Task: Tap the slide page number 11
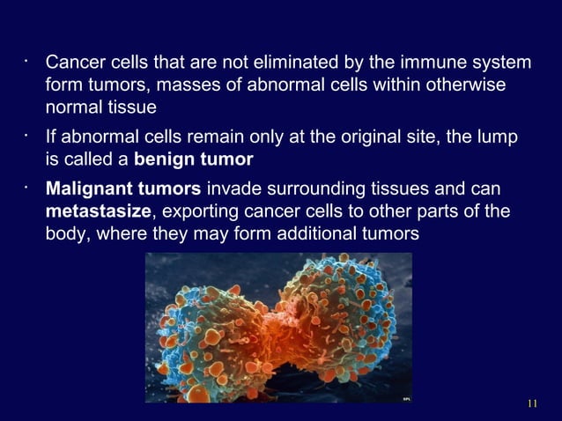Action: point(530,404)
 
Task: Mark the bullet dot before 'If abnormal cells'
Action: point(28,137)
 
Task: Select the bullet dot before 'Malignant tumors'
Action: point(28,189)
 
